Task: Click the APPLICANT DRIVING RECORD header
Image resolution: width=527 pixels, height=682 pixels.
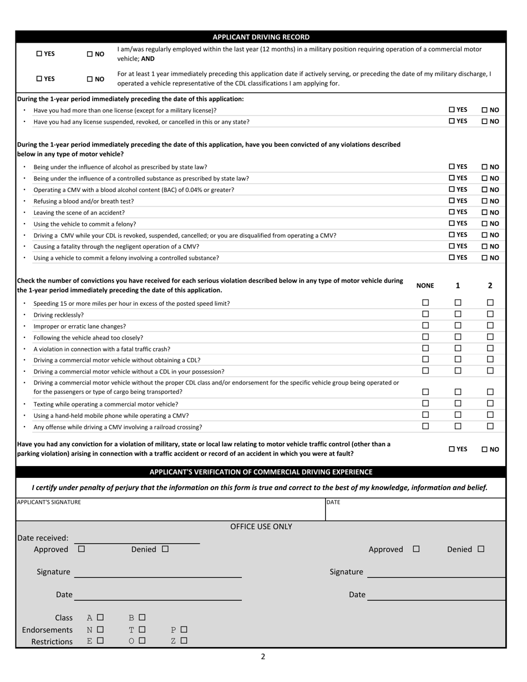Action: click(x=261, y=37)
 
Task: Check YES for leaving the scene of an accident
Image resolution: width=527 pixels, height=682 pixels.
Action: click(x=452, y=212)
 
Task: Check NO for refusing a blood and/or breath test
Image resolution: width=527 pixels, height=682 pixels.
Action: click(x=484, y=201)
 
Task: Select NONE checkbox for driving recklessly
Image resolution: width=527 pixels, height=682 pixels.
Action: click(x=425, y=314)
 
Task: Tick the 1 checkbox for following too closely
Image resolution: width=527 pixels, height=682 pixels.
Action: click(x=458, y=337)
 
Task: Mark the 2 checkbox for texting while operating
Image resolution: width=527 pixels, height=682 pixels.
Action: click(x=490, y=403)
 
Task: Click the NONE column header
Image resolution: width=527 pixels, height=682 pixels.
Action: click(x=425, y=286)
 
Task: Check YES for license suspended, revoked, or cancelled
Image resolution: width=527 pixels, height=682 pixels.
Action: click(x=452, y=121)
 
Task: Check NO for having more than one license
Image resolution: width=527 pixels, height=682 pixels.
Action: click(x=484, y=110)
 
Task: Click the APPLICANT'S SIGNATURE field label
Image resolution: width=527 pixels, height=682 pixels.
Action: click(x=49, y=502)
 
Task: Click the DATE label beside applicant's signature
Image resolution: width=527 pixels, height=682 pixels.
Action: click(x=333, y=502)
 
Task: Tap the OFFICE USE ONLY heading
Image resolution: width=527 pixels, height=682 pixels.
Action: click(x=261, y=527)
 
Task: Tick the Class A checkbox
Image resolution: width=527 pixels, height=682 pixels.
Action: click(x=100, y=617)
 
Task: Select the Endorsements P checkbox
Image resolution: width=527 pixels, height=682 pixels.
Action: click(x=184, y=629)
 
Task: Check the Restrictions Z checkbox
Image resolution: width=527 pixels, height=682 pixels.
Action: click(x=184, y=640)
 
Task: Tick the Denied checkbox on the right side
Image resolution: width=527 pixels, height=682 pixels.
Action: click(x=480, y=549)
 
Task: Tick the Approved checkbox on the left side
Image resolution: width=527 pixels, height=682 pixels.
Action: click(x=82, y=549)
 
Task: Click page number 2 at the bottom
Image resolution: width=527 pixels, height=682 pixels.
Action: click(x=263, y=657)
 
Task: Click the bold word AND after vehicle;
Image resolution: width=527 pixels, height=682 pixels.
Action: click(x=148, y=59)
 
